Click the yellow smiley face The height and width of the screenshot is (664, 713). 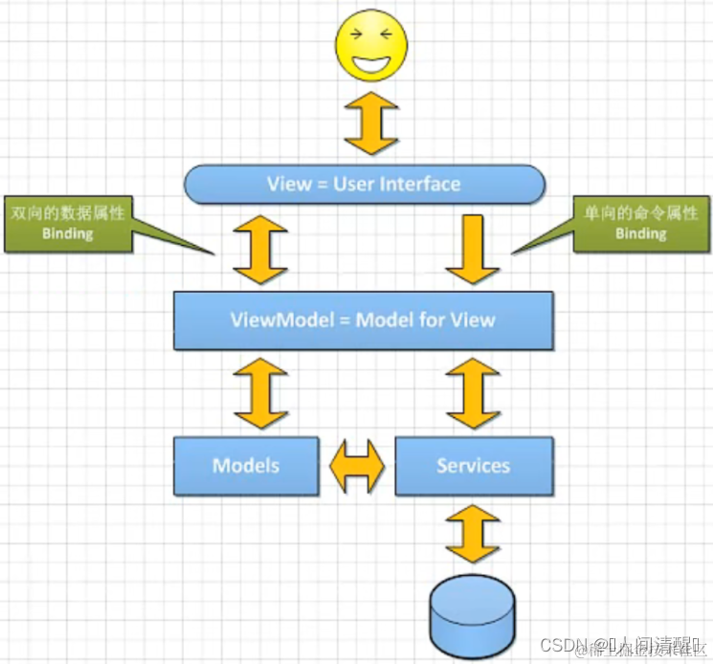point(370,45)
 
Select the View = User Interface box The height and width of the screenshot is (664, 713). point(364,184)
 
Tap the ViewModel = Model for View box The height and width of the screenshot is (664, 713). point(363,320)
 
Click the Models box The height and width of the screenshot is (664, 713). point(246,466)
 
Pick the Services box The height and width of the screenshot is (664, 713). point(474,466)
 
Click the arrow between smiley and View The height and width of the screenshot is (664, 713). point(370,123)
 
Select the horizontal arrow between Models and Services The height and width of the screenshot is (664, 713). point(357,467)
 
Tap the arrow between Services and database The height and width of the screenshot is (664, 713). point(474,534)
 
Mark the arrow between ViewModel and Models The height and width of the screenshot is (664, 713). point(260,392)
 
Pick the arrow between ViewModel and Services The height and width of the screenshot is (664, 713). point(474,392)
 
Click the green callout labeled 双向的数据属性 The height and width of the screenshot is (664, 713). point(68,224)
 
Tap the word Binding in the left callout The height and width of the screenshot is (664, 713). point(67,233)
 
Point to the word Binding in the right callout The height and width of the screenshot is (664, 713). point(640,233)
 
